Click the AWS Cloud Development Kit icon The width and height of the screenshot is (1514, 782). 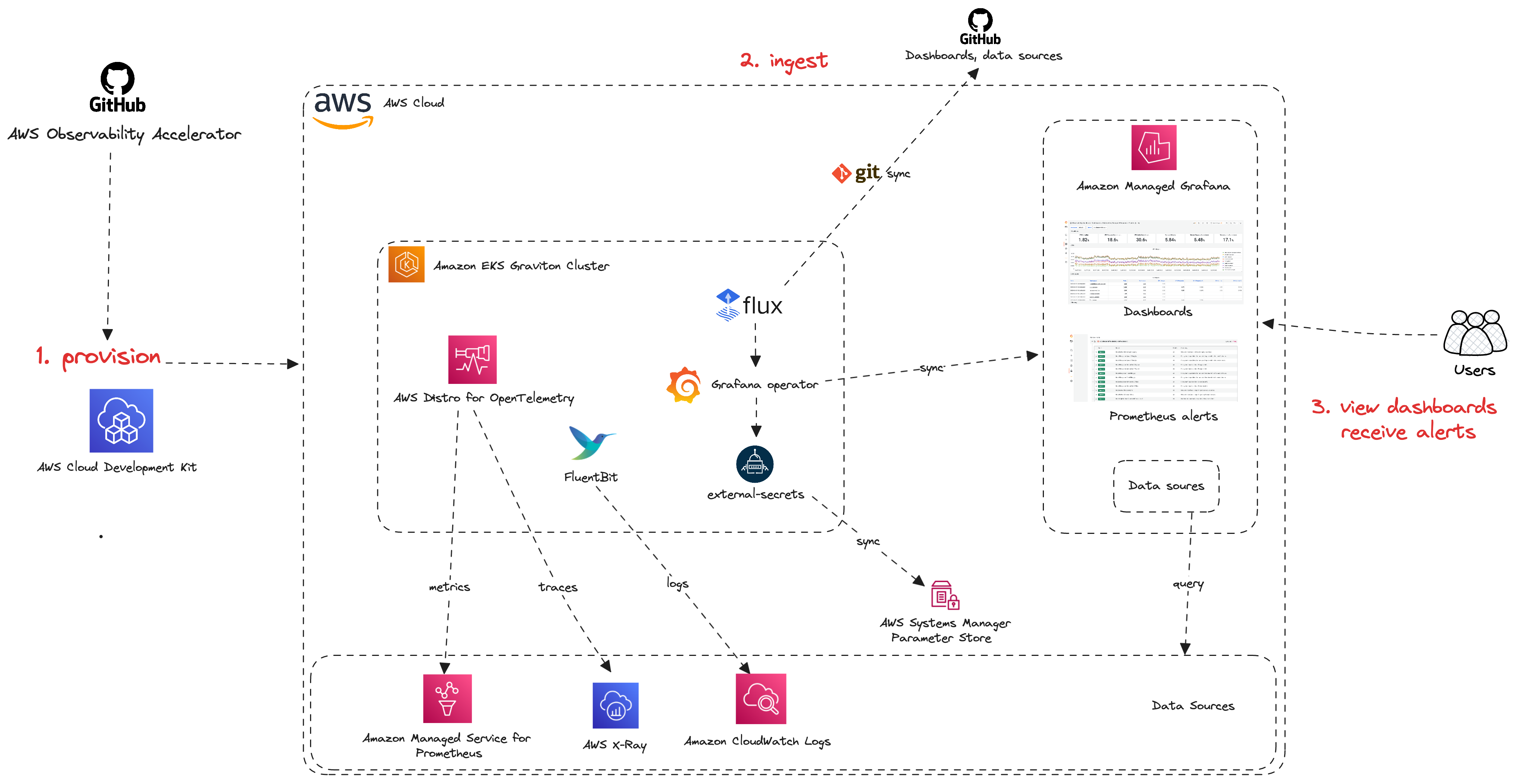121,421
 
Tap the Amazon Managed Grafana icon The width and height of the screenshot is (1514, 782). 1154,147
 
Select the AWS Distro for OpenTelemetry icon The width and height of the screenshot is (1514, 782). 472,360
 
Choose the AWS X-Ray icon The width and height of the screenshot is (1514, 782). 615,705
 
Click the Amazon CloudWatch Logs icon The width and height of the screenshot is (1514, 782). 760,698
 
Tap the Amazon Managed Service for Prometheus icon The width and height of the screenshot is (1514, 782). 447,698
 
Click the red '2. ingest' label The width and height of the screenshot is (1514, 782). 783,60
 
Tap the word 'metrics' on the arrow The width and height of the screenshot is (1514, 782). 450,587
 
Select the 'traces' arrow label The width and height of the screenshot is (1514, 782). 558,587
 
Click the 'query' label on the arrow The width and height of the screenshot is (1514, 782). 1188,584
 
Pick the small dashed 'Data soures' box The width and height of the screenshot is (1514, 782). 1166,486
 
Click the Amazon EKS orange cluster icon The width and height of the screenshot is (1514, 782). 406,265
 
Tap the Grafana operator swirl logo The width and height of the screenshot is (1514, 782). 684,385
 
